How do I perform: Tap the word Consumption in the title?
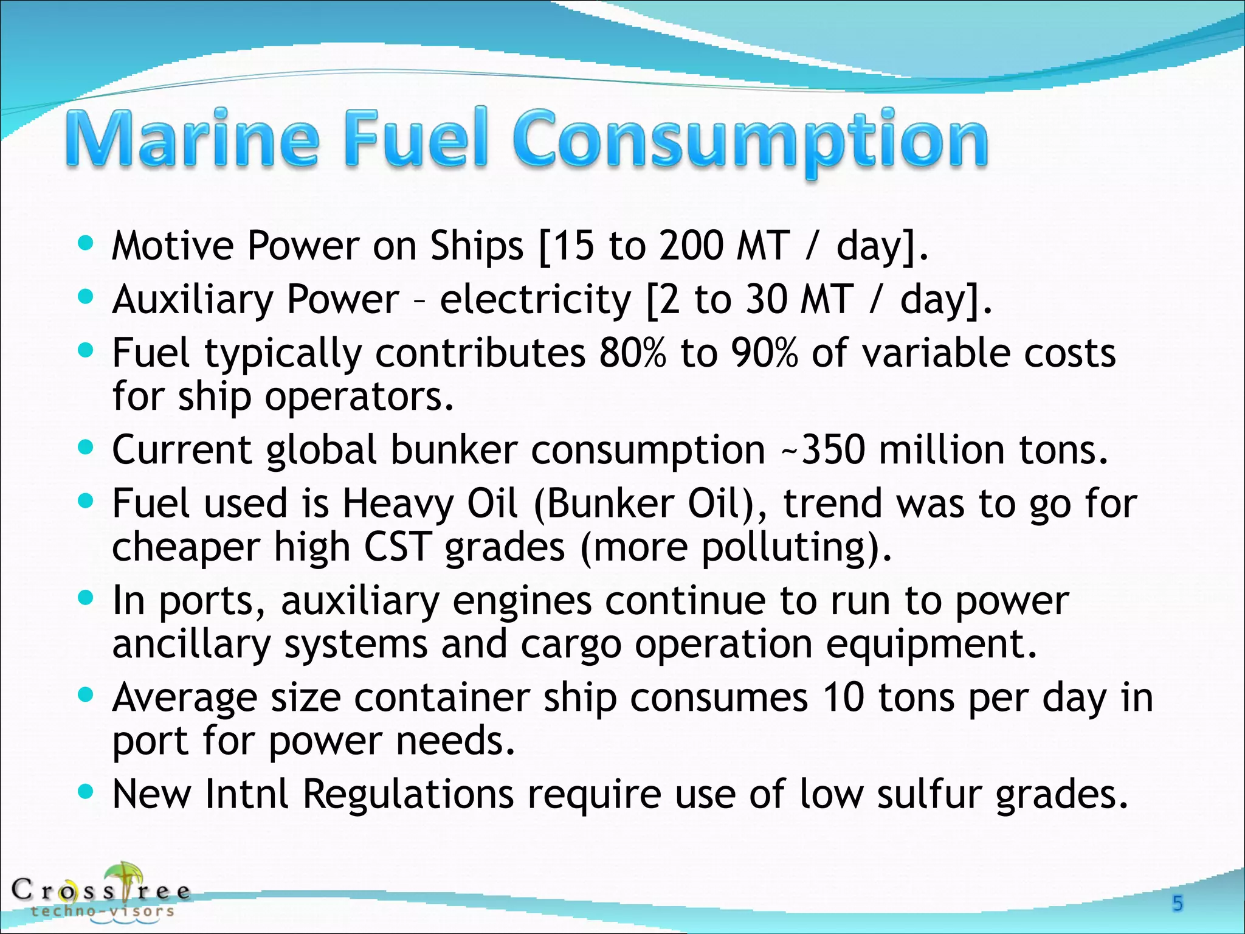pos(751,141)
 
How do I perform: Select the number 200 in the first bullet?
pos(692,246)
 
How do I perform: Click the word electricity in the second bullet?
pos(535,300)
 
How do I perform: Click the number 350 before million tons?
pos(833,450)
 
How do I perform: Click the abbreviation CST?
pos(398,547)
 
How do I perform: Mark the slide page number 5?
pos(1178,904)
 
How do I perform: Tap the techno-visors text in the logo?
pos(103,911)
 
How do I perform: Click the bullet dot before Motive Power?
pos(86,244)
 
